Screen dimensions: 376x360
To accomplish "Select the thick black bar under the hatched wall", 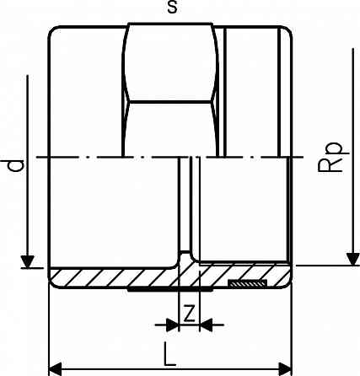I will pyautogui.click(x=152, y=291).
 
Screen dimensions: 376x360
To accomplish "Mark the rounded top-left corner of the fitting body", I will pyautogui.click(x=53, y=32).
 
